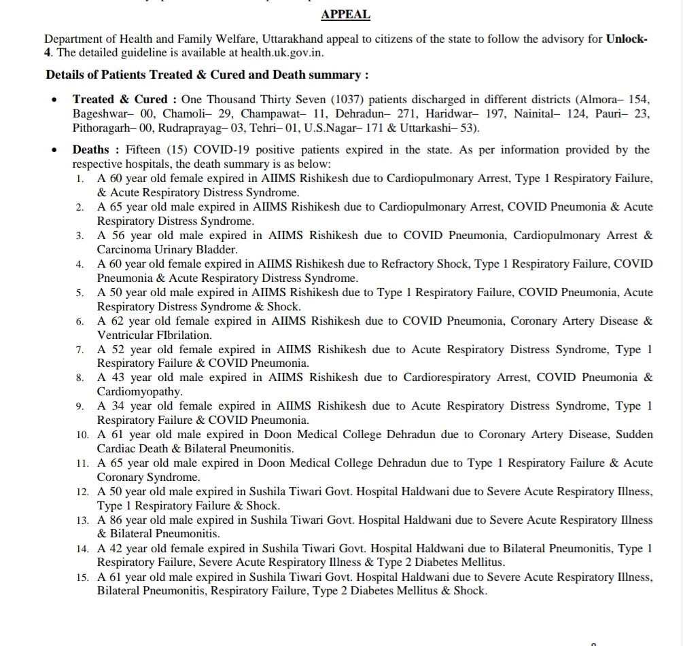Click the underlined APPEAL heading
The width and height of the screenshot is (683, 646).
(x=345, y=14)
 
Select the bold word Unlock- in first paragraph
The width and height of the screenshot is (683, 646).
(x=627, y=39)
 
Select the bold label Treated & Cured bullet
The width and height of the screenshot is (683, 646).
(x=120, y=99)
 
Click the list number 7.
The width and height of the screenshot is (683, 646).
(x=80, y=350)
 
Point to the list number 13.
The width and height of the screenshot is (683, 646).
(x=82, y=520)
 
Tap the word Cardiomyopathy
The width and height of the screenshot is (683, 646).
(x=138, y=392)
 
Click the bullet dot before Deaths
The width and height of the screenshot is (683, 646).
(x=54, y=149)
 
